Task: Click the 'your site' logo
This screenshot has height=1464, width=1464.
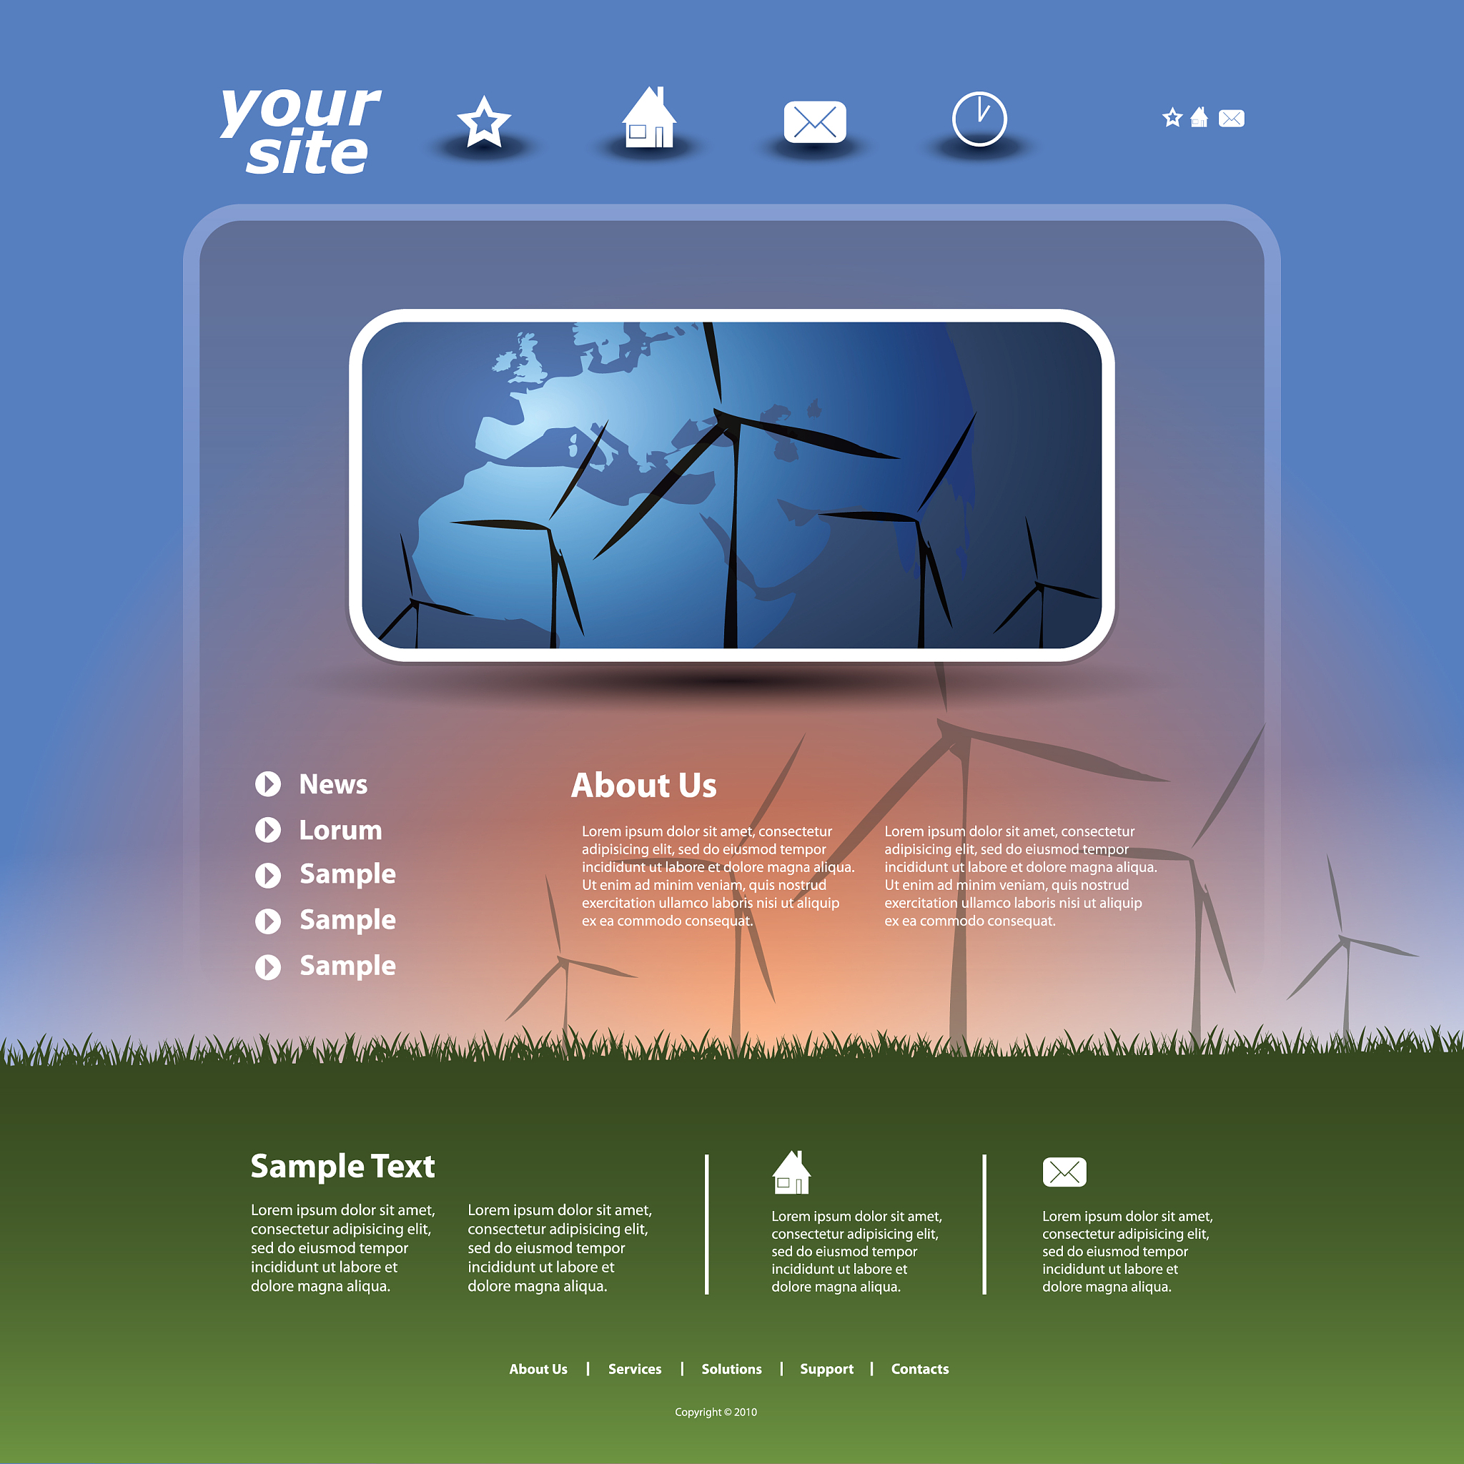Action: pos(301,130)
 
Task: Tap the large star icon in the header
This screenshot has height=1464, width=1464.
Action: pos(483,122)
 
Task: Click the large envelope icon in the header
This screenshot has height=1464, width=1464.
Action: pos(815,122)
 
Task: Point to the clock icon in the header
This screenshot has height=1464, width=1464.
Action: pos(979,118)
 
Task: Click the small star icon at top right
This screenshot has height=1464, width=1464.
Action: pos(1172,117)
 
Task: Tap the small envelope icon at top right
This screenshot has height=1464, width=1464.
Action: pos(1232,118)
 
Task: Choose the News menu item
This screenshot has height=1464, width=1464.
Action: pos(333,784)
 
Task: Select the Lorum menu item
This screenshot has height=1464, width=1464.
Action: pos(340,830)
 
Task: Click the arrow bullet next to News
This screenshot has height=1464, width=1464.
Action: pos(267,784)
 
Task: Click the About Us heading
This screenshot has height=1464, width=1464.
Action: pos(644,785)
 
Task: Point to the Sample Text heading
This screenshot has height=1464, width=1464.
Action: pos(342,1167)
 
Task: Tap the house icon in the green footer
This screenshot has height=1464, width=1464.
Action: pos(791,1172)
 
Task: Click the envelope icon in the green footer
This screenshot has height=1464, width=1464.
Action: pos(1064,1172)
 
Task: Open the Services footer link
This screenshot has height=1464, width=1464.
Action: pos(635,1369)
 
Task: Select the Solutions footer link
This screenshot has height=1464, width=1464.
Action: pos(731,1369)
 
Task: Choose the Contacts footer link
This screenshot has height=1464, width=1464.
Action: pos(920,1369)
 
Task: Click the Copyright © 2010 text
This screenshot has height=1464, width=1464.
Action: pos(716,1412)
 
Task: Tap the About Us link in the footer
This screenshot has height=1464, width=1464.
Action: pos(538,1369)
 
